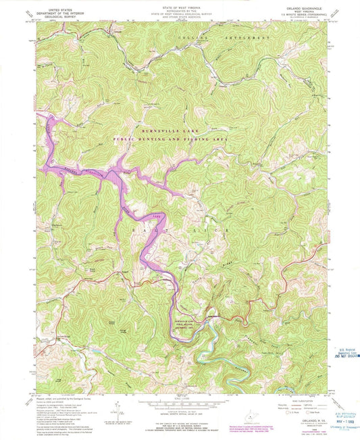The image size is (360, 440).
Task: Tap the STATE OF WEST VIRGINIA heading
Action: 179,7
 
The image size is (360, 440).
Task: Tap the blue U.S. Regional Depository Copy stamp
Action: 344,352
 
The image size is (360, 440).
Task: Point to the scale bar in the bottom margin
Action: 179,406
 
